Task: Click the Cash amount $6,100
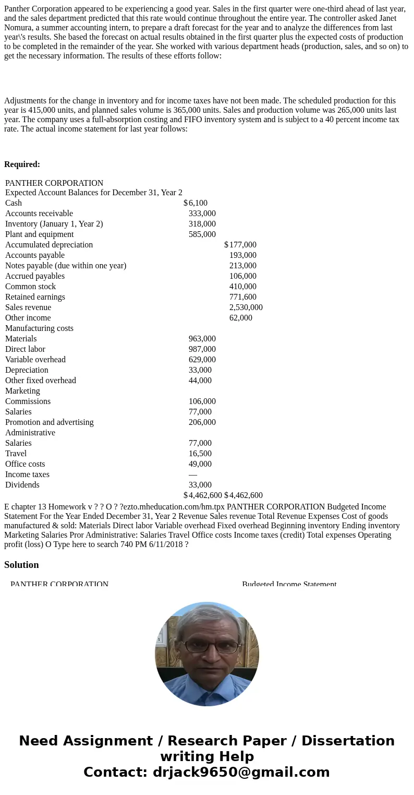tap(197, 203)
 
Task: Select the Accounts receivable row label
tap(39, 213)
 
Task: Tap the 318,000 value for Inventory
tap(202, 224)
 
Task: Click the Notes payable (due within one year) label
tap(66, 266)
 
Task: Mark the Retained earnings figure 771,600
tap(242, 297)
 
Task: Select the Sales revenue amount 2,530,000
tap(246, 307)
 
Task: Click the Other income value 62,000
tap(240, 318)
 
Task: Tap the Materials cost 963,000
tap(202, 339)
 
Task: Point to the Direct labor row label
tap(25, 349)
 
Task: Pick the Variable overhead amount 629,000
tap(202, 360)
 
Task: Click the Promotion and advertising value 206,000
tap(202, 422)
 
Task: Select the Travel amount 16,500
tap(200, 454)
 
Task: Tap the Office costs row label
tap(25, 464)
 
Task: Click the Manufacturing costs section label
tap(39, 328)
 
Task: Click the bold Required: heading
tap(22, 164)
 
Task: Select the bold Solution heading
tap(21, 565)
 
